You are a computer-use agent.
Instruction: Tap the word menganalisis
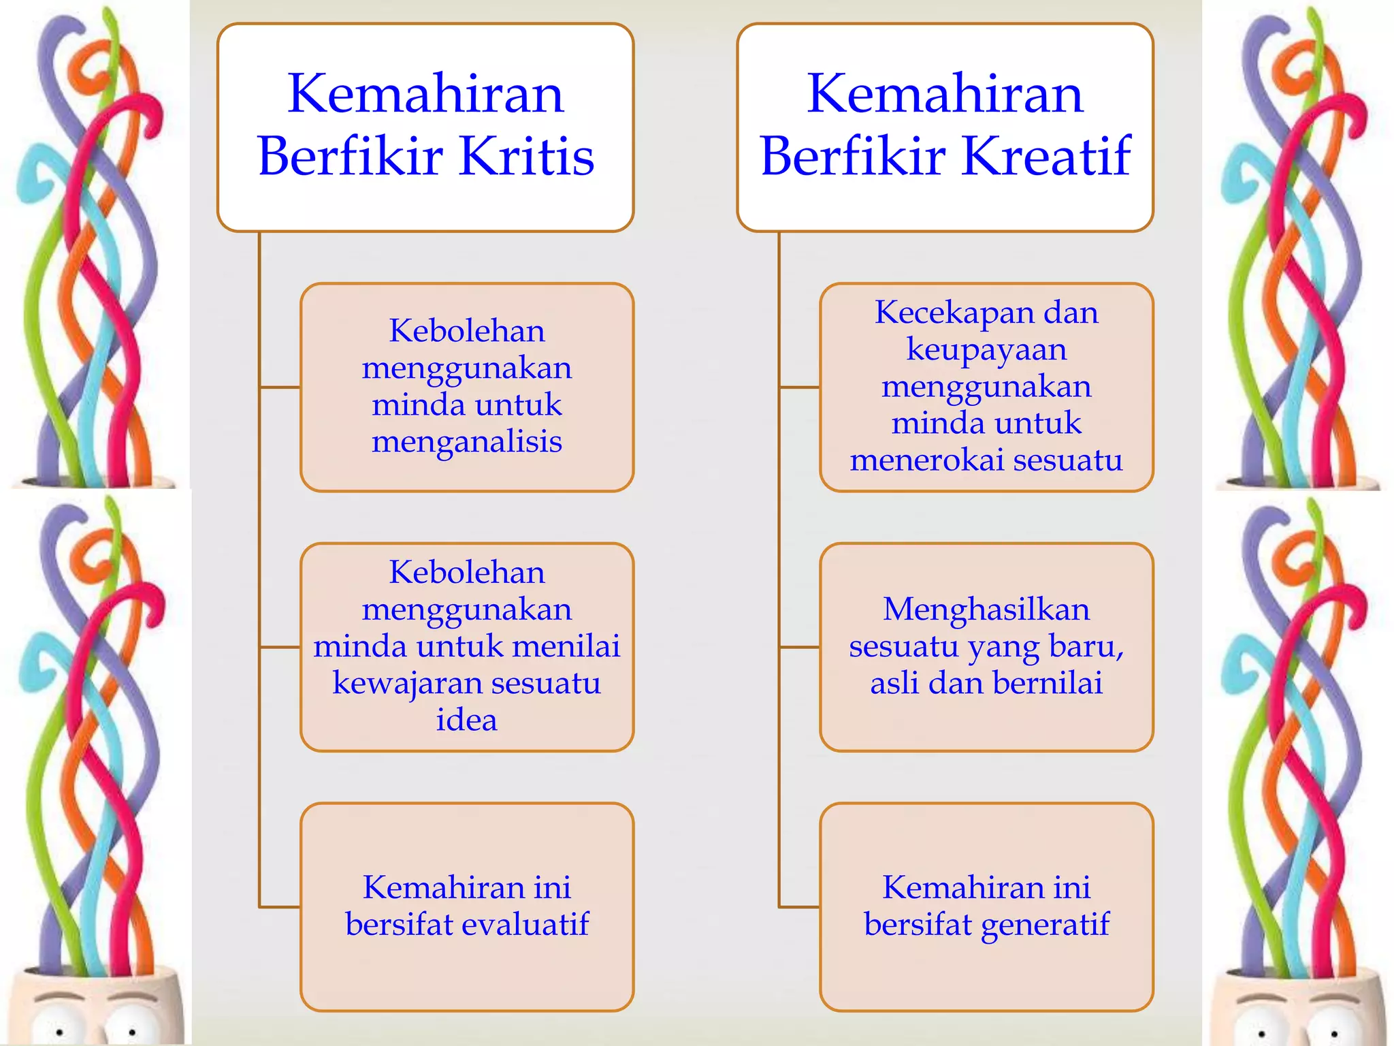click(x=467, y=441)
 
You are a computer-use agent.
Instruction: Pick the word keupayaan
click(x=986, y=349)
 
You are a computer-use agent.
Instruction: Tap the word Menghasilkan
click(x=986, y=609)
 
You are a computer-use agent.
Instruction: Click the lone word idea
click(x=467, y=720)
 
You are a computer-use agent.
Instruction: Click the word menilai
click(x=566, y=646)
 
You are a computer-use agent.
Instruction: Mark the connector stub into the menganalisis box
click(x=280, y=387)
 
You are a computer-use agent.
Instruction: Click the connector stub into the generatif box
click(x=800, y=907)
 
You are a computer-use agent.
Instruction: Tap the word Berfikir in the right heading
click(x=853, y=157)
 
